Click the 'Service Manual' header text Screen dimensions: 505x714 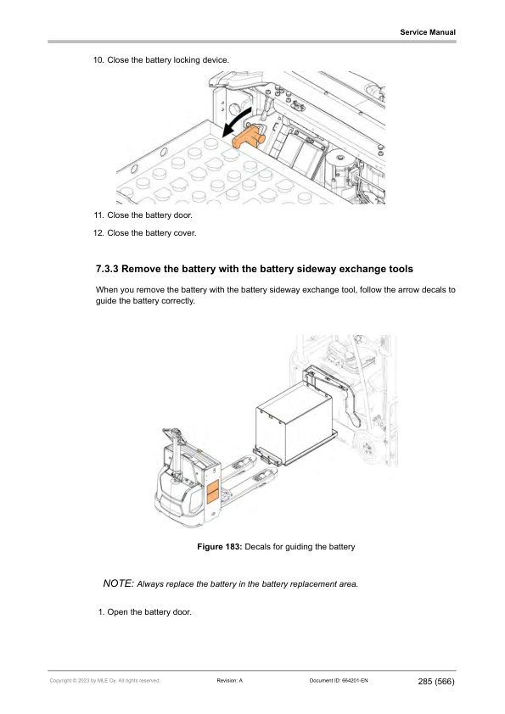click(428, 32)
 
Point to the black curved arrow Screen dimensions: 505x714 click(236, 121)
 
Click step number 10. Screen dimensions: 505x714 click(98, 60)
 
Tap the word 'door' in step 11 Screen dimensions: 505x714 click(182, 215)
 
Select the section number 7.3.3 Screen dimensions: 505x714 click(107, 269)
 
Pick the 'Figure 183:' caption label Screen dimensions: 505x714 click(219, 547)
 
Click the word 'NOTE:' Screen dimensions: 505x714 click(119, 583)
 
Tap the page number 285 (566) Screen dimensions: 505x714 click(436, 682)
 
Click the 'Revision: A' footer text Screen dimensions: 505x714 click(230, 681)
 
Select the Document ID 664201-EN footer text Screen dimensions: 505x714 click(339, 681)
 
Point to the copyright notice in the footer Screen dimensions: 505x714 click(105, 681)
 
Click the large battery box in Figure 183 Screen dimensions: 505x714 click(294, 421)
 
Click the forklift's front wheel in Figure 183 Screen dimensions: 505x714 click(367, 448)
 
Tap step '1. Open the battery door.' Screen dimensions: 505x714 click(145, 612)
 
